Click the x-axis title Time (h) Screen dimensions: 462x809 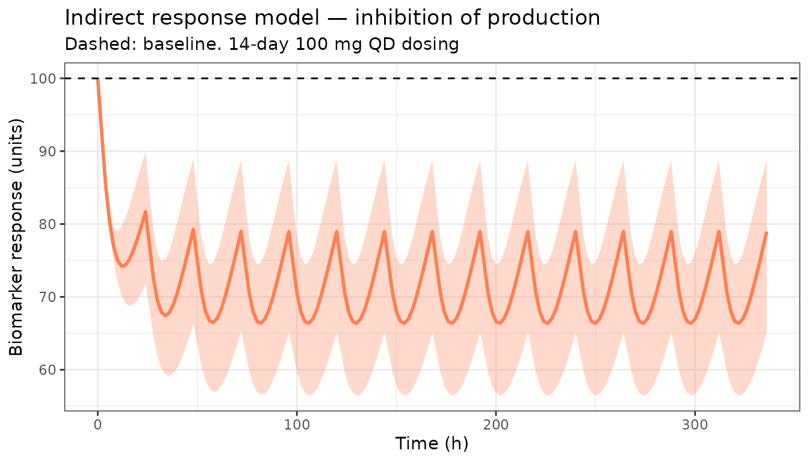coord(432,444)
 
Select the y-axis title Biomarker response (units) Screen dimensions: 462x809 coord(16,237)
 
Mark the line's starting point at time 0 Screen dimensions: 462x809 coord(98,79)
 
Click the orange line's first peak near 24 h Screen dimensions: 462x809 coord(145,211)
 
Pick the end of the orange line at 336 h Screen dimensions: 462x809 coord(766,232)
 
